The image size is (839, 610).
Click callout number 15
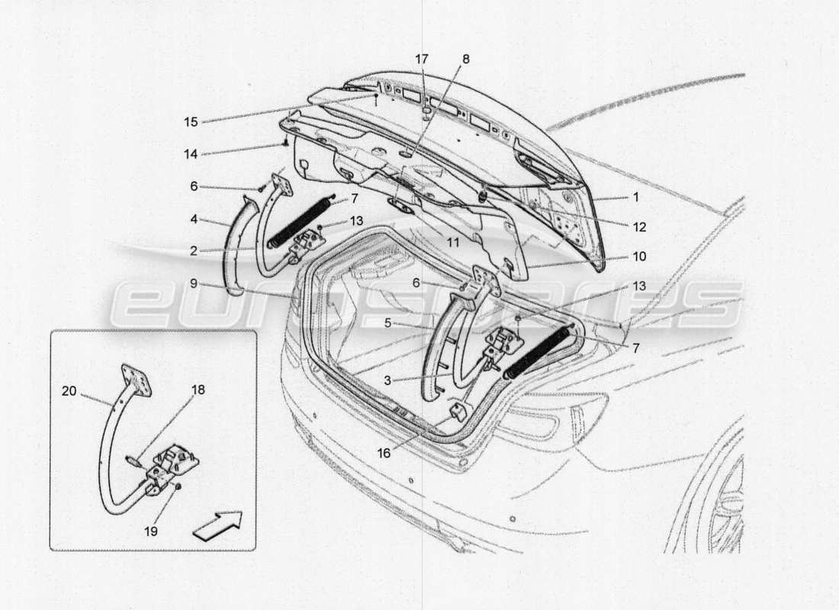tap(190, 120)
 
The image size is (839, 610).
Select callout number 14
tap(190, 153)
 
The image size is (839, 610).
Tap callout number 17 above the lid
tap(422, 58)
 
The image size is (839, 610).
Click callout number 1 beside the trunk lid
tap(635, 197)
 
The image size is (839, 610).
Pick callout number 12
tap(639, 227)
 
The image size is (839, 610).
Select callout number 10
tap(639, 257)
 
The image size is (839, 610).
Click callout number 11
tap(453, 242)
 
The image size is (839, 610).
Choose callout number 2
tap(194, 249)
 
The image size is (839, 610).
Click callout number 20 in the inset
tap(69, 390)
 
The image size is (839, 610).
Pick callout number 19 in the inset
tap(152, 531)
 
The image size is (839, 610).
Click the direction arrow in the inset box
tap(217, 525)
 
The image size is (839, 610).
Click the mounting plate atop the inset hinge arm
tap(136, 380)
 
